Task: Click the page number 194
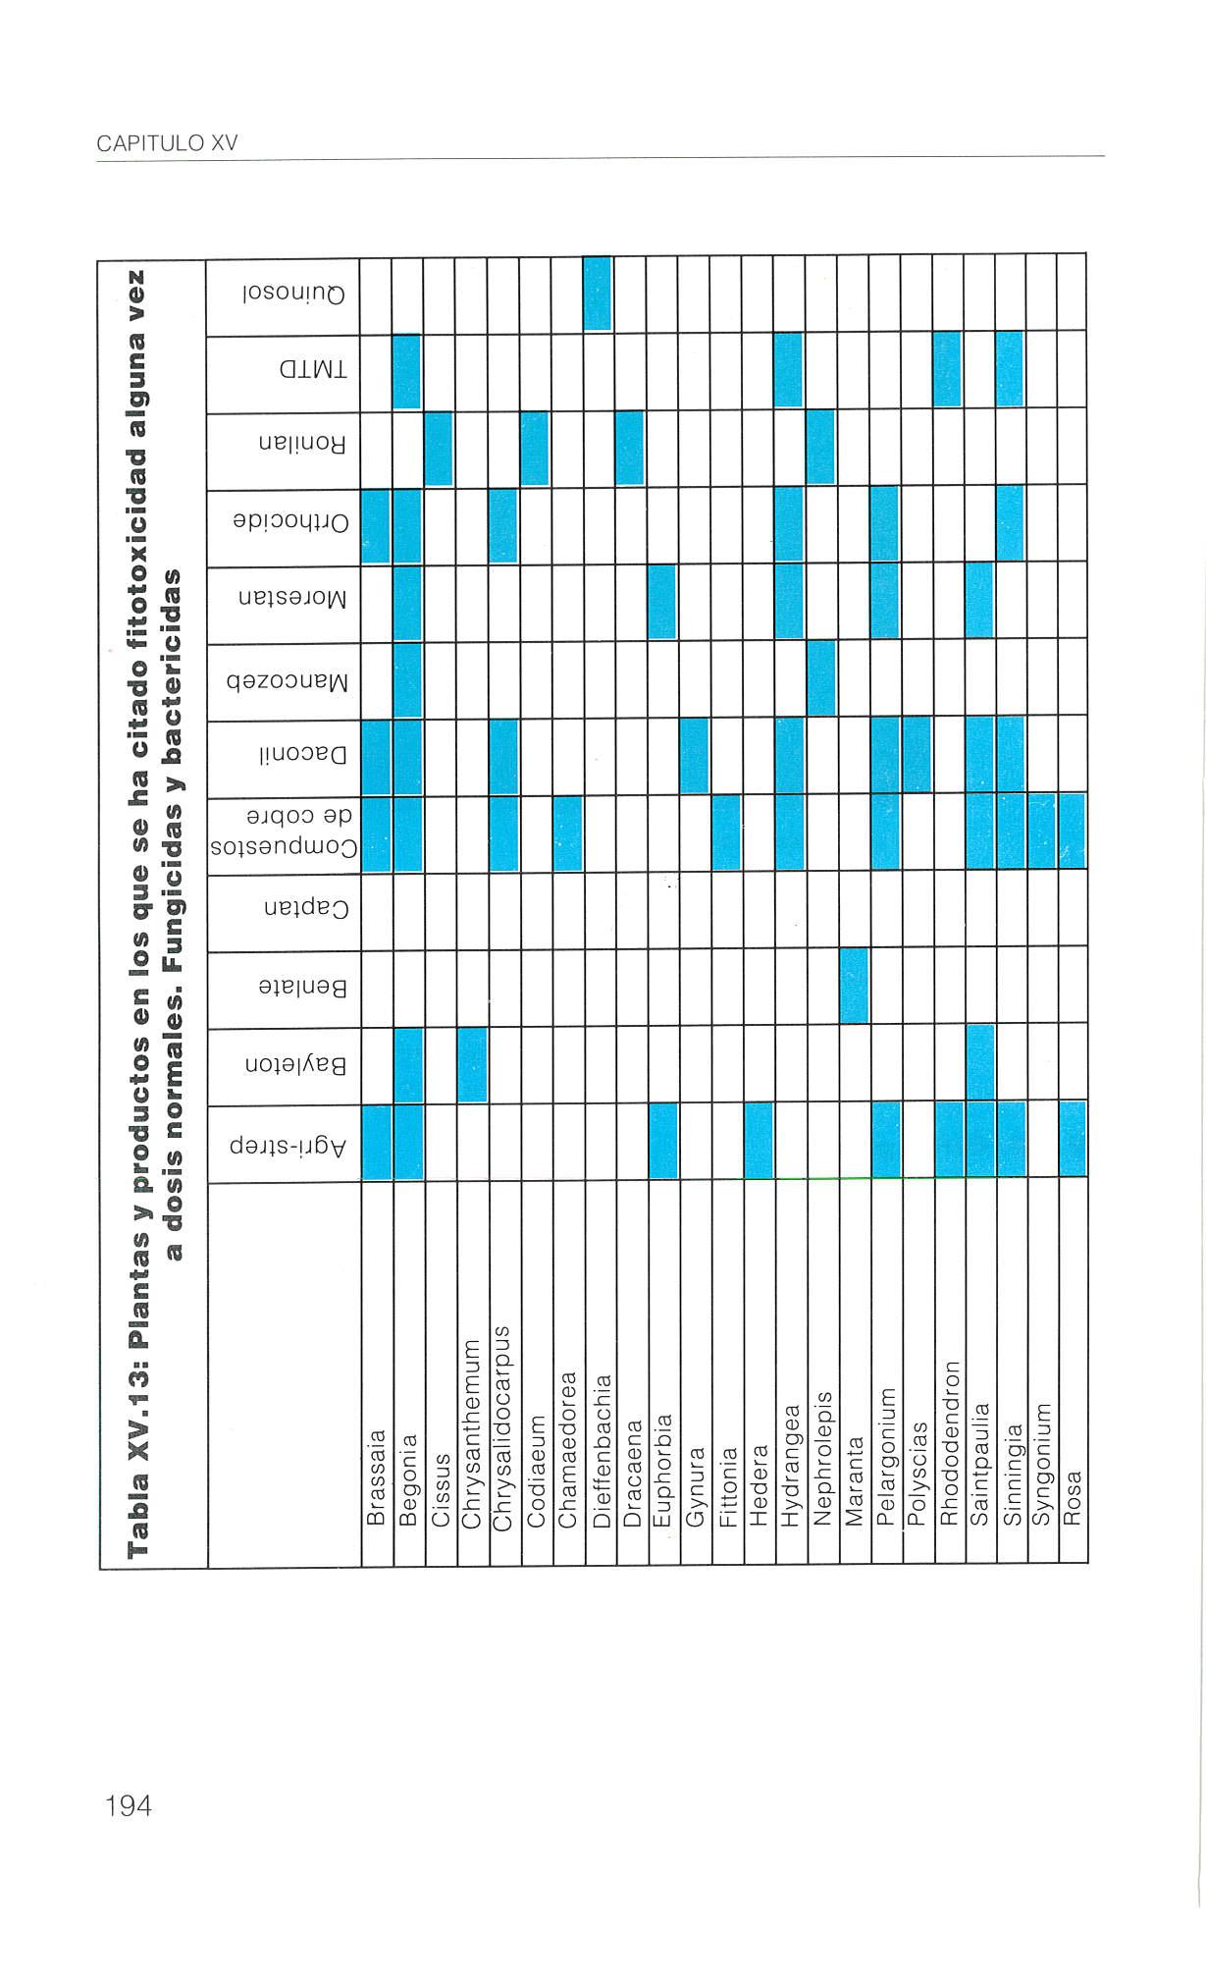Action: (129, 1805)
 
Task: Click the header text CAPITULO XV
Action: (167, 143)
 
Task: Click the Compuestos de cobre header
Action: (284, 833)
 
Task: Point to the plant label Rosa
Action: (1073, 1498)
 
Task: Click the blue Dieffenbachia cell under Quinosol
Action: (598, 294)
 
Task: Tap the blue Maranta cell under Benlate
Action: (855, 986)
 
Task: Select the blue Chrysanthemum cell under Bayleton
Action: (472, 1064)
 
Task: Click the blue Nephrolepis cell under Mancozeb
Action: (822, 678)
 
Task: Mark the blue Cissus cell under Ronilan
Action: (439, 448)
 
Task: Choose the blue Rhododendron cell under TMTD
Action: (948, 369)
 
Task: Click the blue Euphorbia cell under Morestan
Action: (662, 601)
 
